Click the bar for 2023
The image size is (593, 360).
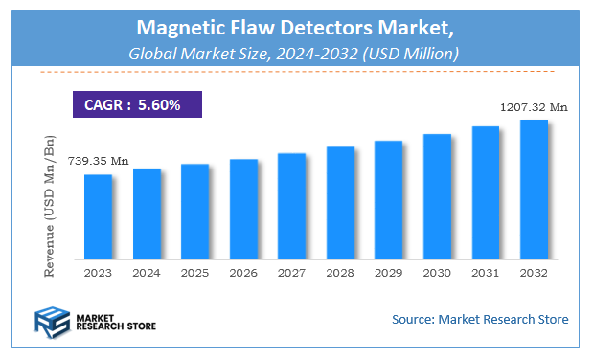(99, 216)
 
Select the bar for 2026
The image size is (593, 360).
(243, 209)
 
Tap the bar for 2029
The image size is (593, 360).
(388, 199)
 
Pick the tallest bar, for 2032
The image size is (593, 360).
(534, 189)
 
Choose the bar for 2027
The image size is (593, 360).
(292, 206)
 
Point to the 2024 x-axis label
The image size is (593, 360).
(147, 273)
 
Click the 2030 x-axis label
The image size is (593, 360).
(437, 273)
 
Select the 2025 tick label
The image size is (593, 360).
(195, 273)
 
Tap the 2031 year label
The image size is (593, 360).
(486, 273)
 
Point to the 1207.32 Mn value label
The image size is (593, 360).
(534, 107)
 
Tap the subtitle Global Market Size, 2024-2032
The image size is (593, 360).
(295, 54)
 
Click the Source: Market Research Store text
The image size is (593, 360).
(480, 319)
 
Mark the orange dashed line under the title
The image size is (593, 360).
(295, 72)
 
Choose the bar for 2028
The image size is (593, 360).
(340, 202)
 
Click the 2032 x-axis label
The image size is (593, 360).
(534, 273)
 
